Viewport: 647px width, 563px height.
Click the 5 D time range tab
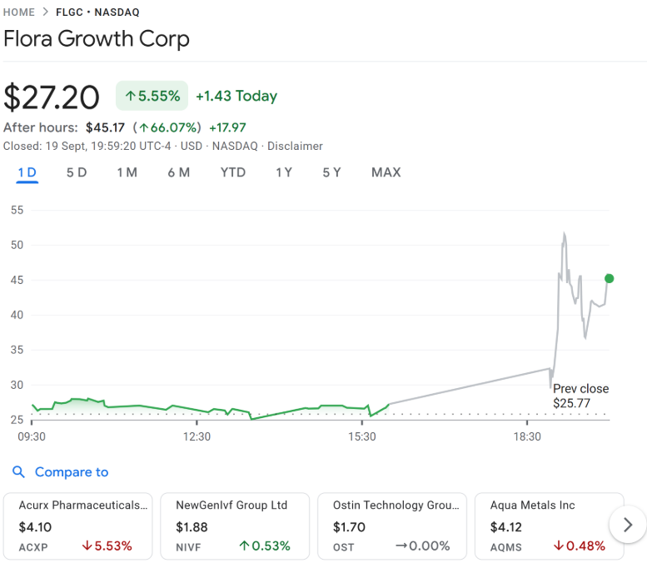(77, 172)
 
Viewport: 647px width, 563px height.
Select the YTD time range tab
(233, 172)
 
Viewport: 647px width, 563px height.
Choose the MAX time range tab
(386, 172)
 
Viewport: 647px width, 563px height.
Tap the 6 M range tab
(178, 172)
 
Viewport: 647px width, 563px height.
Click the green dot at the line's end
(609, 278)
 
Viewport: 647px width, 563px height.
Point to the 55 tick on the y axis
(17, 210)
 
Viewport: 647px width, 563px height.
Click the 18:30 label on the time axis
(527, 436)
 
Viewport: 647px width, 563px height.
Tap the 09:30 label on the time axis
(32, 436)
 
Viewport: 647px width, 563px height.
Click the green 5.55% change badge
(152, 97)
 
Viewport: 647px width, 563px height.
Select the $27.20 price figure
(52, 97)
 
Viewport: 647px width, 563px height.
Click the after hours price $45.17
(105, 127)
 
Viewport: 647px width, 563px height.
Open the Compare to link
(72, 472)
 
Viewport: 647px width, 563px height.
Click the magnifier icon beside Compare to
(18, 472)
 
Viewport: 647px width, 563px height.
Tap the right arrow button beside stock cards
(628, 525)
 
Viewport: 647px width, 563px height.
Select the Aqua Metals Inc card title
(533, 506)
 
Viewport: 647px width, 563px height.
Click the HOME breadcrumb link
(19, 12)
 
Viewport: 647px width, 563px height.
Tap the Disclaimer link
(295, 146)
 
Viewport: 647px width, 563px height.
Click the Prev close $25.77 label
(580, 396)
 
